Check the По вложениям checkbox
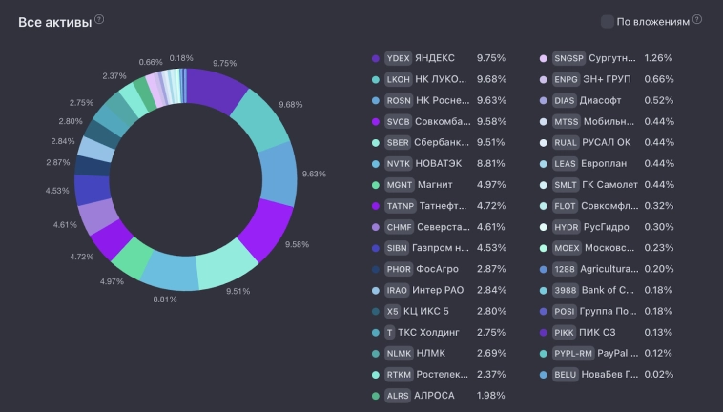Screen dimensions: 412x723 click(608, 21)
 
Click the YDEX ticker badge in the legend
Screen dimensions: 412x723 click(397, 58)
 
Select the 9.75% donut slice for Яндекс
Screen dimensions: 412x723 click(218, 90)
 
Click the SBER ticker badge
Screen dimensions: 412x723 click(397, 143)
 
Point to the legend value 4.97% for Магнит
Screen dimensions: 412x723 click(491, 185)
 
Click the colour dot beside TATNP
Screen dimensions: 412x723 click(375, 206)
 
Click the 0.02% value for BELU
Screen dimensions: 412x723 click(657, 375)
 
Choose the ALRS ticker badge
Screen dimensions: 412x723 click(397, 396)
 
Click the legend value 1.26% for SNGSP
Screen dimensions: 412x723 click(657, 58)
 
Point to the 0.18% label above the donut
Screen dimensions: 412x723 click(181, 58)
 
